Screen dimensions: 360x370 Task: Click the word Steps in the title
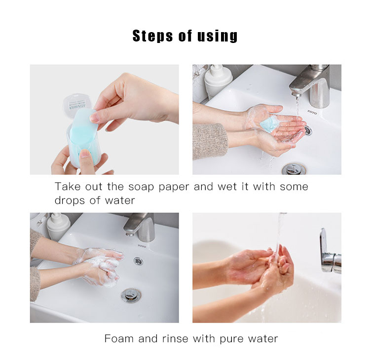(152, 36)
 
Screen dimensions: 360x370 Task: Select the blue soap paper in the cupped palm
(269, 123)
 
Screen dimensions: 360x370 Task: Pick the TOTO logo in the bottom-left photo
(142, 246)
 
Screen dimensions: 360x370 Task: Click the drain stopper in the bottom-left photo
(131, 295)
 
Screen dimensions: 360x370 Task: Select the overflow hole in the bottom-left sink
(138, 261)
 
